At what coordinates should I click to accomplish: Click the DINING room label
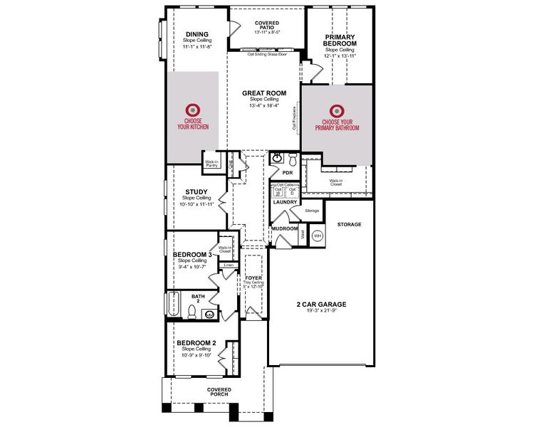point(197,33)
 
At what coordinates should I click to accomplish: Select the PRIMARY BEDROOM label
point(339,41)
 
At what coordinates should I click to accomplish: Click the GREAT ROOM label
point(263,93)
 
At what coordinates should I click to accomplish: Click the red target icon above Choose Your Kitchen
point(192,110)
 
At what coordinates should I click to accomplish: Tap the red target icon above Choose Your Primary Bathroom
point(336,111)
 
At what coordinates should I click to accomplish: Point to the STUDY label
point(196,191)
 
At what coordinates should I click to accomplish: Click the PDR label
point(288,172)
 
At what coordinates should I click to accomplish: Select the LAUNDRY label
point(285,202)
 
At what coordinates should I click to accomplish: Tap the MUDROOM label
point(294,228)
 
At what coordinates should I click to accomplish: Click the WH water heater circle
point(318,235)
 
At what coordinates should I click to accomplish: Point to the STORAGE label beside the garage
point(349,224)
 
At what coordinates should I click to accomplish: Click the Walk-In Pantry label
point(211,163)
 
